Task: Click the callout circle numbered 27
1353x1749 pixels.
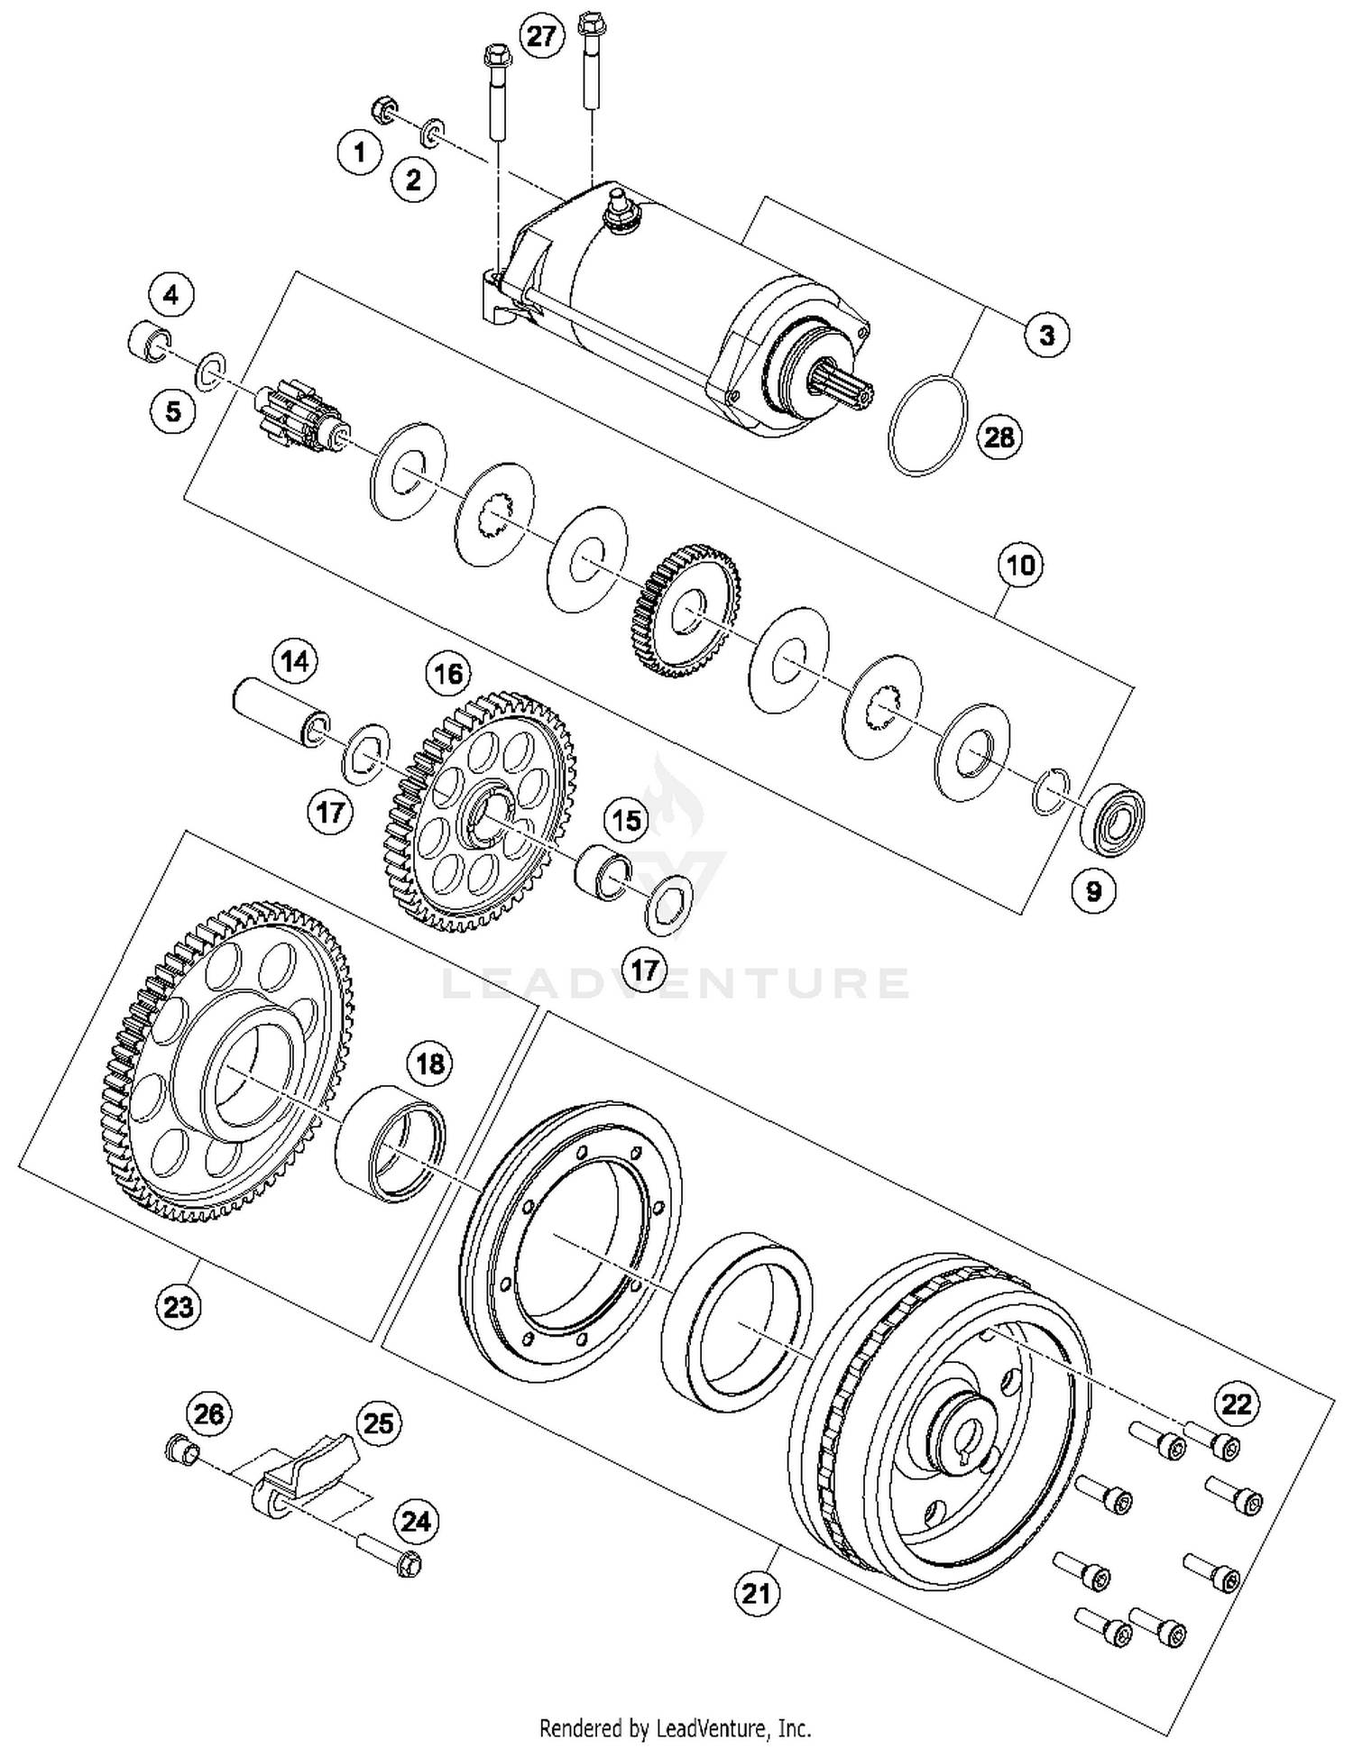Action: (x=542, y=37)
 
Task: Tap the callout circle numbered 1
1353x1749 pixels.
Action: (x=360, y=152)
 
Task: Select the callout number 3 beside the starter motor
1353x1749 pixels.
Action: (x=1046, y=336)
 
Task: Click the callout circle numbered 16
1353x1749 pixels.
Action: (x=448, y=674)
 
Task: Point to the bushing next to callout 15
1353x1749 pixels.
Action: (x=601, y=872)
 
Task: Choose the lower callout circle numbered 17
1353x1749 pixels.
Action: (x=644, y=971)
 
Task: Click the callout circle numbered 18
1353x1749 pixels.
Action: (x=429, y=1064)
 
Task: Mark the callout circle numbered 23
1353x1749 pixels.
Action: (x=178, y=1306)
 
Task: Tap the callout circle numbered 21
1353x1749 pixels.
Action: (x=756, y=1594)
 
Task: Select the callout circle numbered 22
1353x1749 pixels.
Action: (x=1237, y=1404)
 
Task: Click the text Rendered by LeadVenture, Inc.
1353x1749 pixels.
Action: (x=675, y=1728)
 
